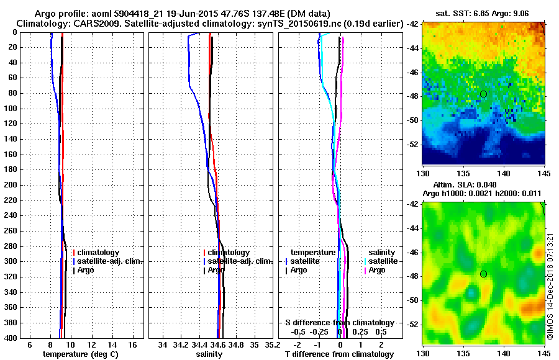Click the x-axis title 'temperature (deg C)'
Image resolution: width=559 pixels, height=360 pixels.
click(80, 354)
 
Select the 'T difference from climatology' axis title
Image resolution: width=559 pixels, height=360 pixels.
click(339, 354)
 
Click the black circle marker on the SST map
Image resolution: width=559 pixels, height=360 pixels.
click(483, 94)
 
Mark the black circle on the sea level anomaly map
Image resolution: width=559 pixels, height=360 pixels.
click(483, 274)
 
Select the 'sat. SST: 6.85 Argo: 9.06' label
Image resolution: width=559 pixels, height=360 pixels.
click(484, 13)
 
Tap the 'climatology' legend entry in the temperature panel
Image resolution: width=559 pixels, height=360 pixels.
click(101, 253)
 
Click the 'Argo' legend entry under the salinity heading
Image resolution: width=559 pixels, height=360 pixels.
click(376, 270)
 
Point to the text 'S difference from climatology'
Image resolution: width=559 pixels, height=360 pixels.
click(339, 323)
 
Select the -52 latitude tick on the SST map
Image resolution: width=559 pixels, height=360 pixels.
click(413, 144)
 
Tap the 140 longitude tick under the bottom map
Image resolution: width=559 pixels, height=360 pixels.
click(503, 353)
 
